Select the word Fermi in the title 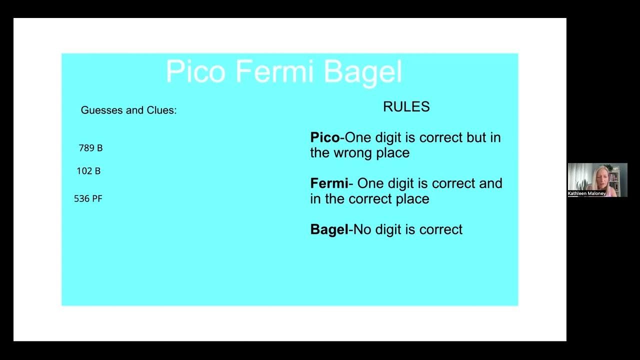click(274, 71)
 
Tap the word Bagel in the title click(362, 71)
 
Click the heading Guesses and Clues click(128, 110)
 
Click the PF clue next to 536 click(96, 198)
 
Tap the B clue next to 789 click(99, 148)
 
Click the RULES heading click(406, 106)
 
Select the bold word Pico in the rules click(324, 137)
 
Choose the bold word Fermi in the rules click(328, 183)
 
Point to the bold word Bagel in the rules click(329, 229)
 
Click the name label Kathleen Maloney click(586, 193)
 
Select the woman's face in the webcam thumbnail click(598, 175)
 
